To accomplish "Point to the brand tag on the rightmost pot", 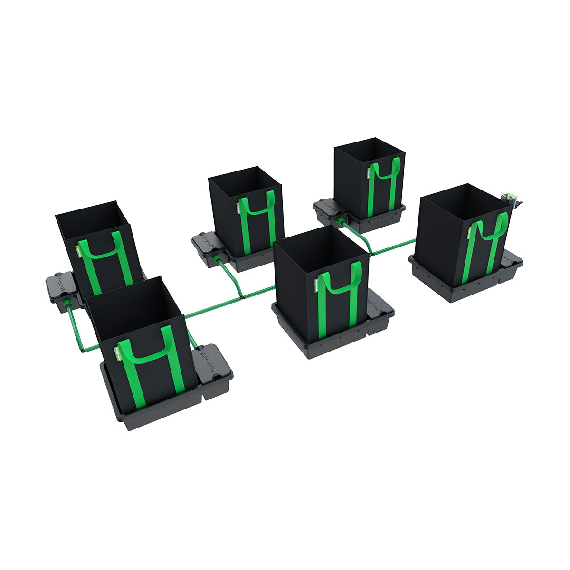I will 469,232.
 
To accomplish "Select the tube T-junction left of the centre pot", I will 242,296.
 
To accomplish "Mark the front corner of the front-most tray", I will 129,426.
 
